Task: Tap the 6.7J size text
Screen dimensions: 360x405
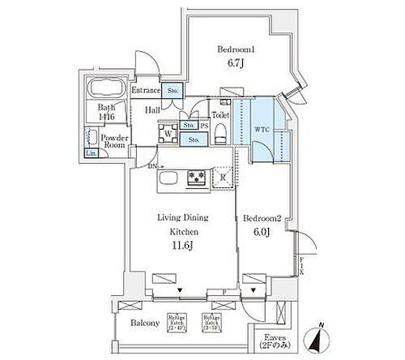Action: coord(234,63)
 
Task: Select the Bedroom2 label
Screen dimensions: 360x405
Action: coord(262,216)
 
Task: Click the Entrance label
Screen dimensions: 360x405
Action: coord(146,91)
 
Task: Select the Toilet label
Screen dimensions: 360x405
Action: coord(220,114)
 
